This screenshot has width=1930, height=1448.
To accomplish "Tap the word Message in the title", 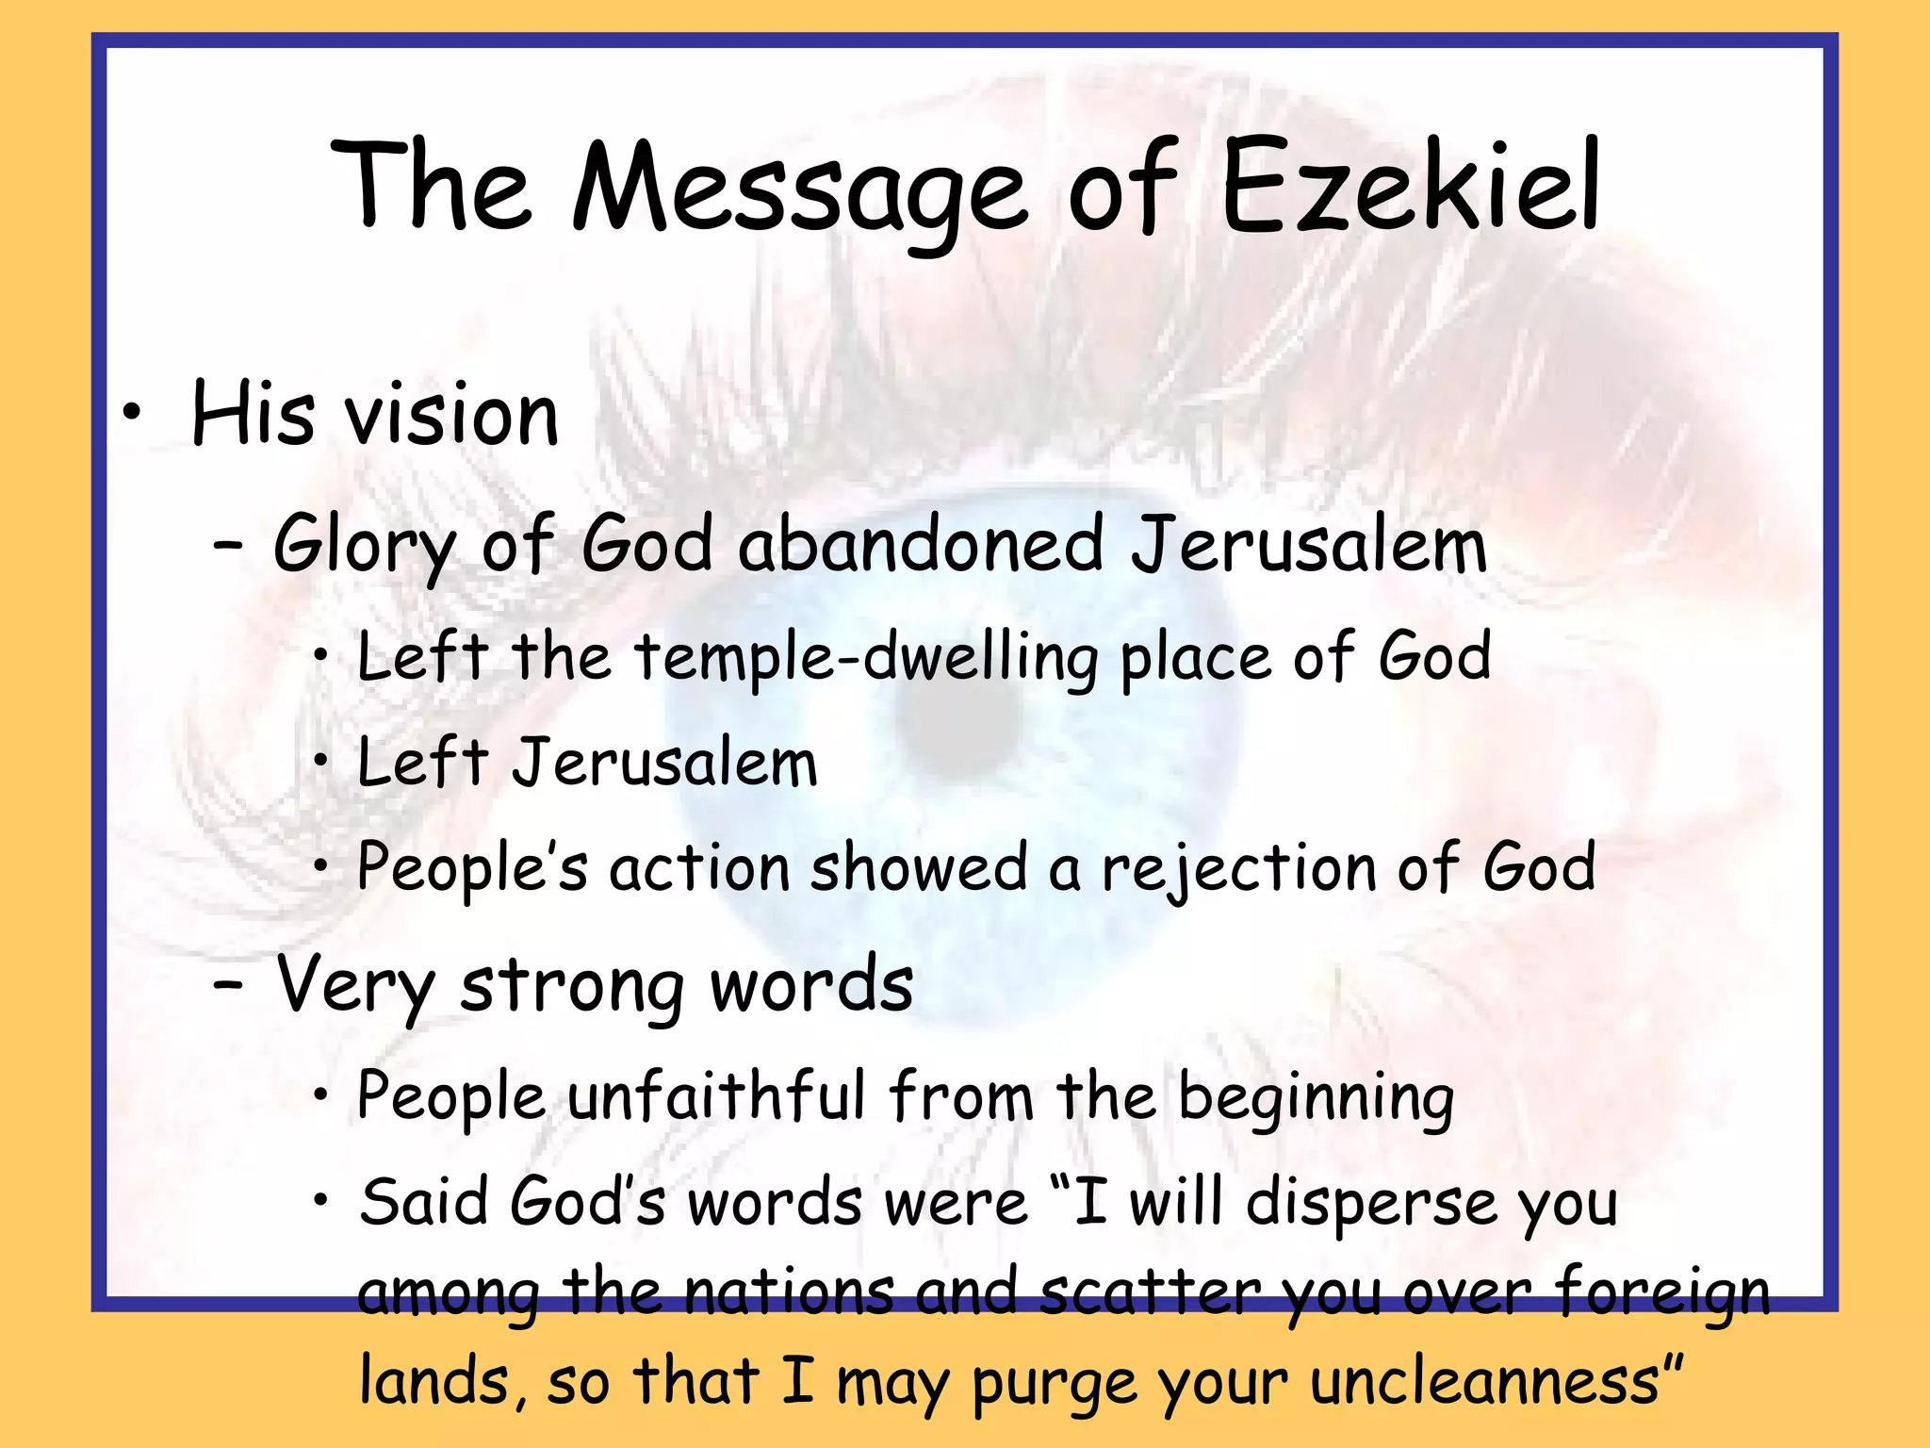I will pyautogui.click(x=799, y=189).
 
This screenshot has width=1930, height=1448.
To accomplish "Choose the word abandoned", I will pyautogui.click(x=920, y=545).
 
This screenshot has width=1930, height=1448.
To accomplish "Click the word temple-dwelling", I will pyautogui.click(x=866, y=657).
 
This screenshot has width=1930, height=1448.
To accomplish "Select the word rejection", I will pyautogui.click(x=1238, y=868).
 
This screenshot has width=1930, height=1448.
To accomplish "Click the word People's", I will pyautogui.click(x=472, y=866).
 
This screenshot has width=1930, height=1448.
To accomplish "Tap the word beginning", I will pyautogui.click(x=1316, y=1098).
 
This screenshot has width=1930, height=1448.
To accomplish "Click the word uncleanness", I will pyautogui.click(x=1483, y=1382).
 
